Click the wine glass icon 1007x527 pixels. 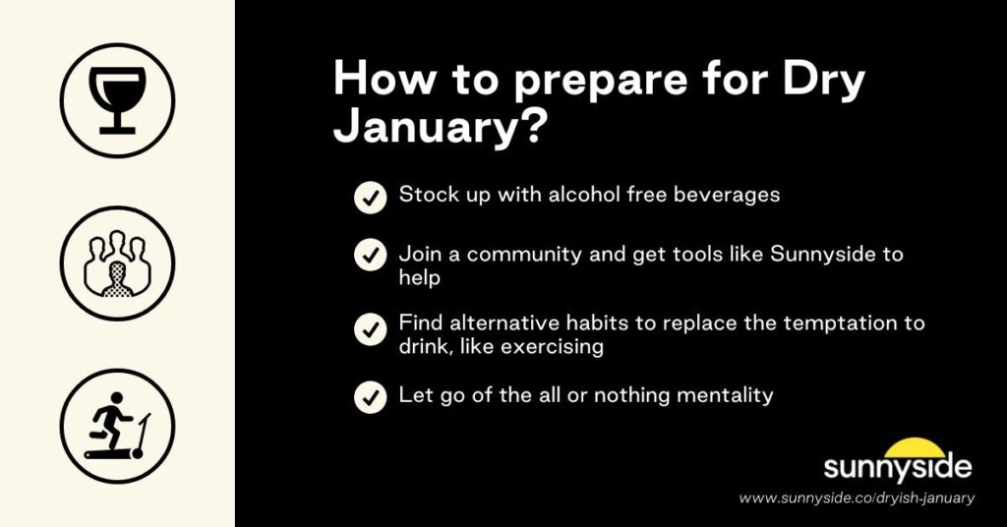coord(117,99)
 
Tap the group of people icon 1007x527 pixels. coord(117,263)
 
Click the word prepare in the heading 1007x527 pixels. coord(569,80)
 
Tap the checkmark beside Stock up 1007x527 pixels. coord(370,198)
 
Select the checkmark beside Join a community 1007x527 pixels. coord(370,256)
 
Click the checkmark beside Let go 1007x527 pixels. coord(370,397)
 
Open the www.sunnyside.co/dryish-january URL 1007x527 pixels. coord(857,498)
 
